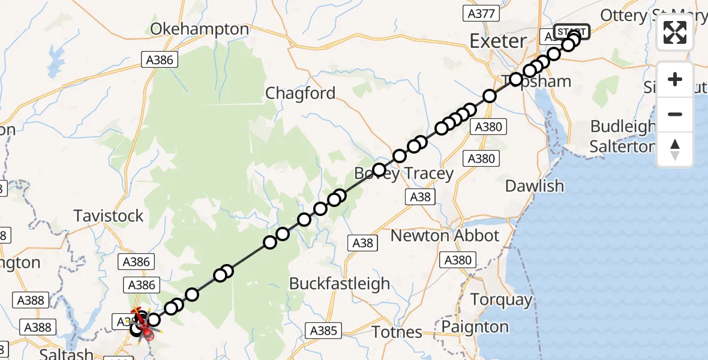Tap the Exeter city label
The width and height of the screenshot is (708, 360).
(498, 41)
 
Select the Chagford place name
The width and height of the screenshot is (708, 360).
(301, 93)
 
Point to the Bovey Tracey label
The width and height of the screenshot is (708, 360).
(404, 173)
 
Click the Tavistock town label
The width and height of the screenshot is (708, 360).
(109, 215)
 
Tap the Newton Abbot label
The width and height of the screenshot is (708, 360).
(445, 235)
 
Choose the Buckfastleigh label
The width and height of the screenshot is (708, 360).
(340, 283)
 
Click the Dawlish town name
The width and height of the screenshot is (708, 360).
(535, 185)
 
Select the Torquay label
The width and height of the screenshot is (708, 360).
(502, 299)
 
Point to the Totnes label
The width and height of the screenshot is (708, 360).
(397, 331)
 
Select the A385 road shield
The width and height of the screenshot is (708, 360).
(325, 330)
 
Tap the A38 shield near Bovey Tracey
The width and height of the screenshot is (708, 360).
(421, 197)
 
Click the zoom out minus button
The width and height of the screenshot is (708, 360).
(675, 114)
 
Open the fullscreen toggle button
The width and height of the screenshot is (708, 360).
(675, 32)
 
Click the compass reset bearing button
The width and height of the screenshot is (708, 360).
(675, 149)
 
